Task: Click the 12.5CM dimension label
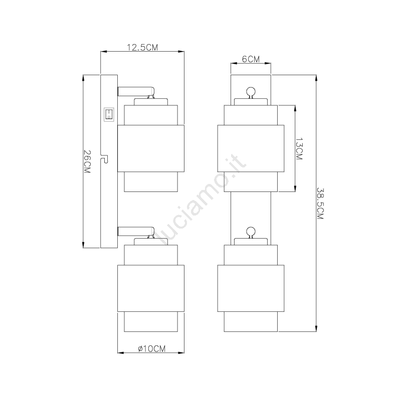(142, 47)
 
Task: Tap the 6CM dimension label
(251, 59)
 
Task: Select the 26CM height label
(87, 161)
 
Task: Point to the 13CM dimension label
(299, 149)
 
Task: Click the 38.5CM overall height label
(320, 204)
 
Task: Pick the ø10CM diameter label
(152, 348)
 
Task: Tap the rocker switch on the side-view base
(109, 115)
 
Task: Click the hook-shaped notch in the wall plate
(105, 159)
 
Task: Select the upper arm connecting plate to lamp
(136, 92)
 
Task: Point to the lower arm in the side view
(136, 232)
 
